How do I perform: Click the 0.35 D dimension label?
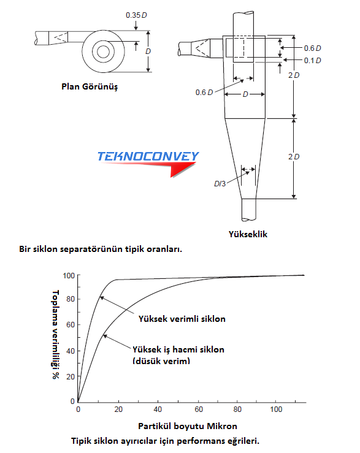tap(136, 15)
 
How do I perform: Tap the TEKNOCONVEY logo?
tap(148, 164)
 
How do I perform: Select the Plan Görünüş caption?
tap(90, 86)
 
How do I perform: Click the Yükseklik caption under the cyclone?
tap(248, 234)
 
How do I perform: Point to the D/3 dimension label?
tap(220, 184)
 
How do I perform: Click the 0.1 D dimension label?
tap(312, 61)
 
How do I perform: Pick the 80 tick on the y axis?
tap(71, 299)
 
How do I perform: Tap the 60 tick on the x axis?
tap(199, 409)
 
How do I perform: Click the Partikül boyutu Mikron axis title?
tap(188, 426)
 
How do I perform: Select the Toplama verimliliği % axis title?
tap(55, 335)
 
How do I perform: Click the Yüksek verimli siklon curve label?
tap(182, 319)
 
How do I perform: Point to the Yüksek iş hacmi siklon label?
tap(178, 349)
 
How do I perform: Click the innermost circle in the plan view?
tap(103, 52)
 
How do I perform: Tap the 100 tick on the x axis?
tap(276, 409)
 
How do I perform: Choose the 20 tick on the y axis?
tap(71, 377)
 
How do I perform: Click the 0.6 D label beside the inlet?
tap(312, 48)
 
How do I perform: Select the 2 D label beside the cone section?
tap(294, 156)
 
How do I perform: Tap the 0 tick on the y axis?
tap(72, 401)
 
